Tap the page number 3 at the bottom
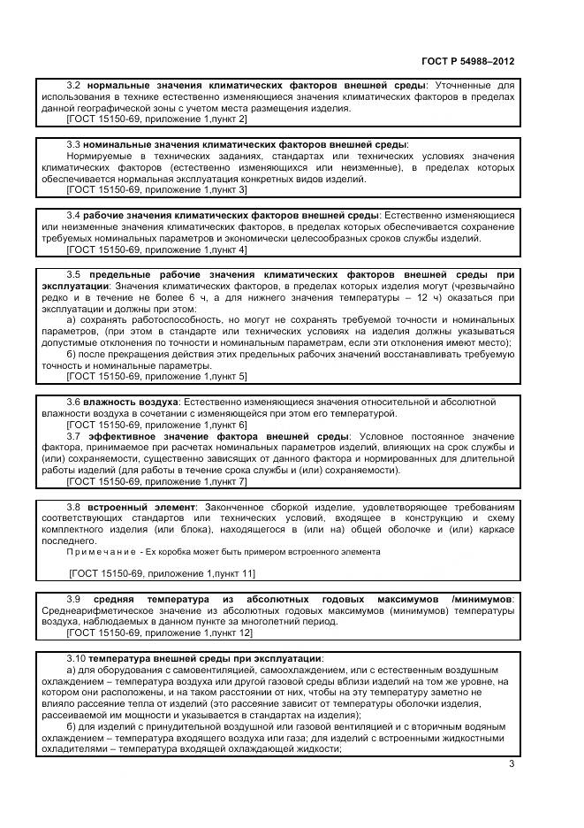coord(510,765)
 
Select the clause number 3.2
coord(74,86)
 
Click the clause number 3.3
coord(74,144)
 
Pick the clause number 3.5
coord(74,274)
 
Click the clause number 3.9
coord(74,599)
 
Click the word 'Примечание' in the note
coord(97,551)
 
